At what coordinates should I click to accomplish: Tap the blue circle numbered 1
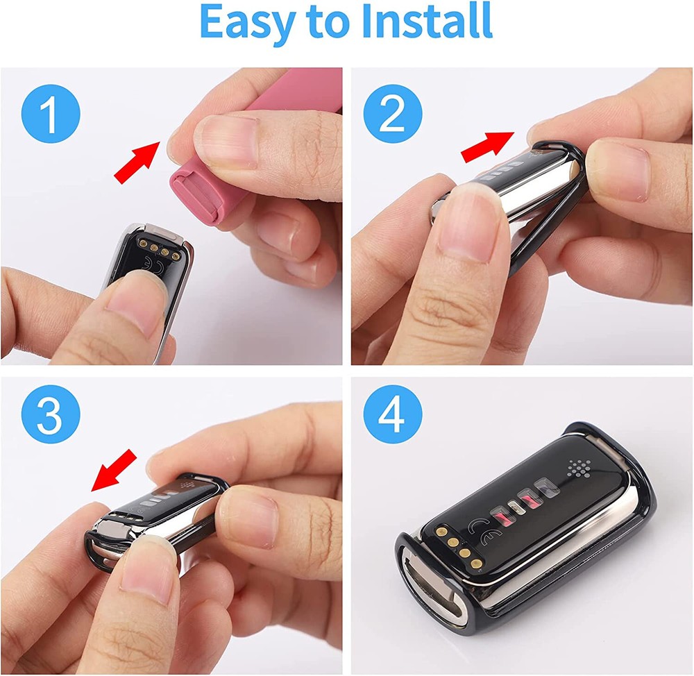[x=51, y=114]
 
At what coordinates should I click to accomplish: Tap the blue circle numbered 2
[x=393, y=114]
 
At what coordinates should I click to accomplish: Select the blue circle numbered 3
[x=51, y=414]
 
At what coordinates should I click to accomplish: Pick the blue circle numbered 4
[x=393, y=414]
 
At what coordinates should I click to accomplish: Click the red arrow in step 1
[x=137, y=162]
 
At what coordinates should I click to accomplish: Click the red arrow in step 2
[x=487, y=146]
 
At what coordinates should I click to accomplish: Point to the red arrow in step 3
[x=114, y=470]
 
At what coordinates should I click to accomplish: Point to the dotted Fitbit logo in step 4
[x=579, y=468]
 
